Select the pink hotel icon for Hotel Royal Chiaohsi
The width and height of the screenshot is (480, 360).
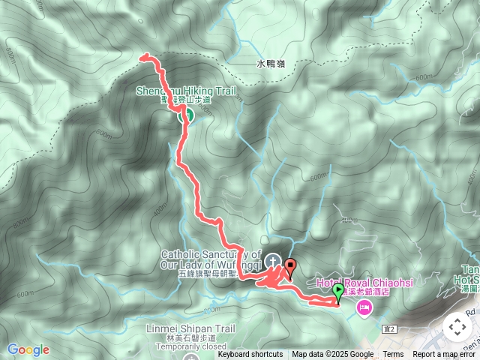pos(364,307)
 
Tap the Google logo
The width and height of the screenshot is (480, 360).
pos(28,349)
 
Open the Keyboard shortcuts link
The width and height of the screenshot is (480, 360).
pos(250,355)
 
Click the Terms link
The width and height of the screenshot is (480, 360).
pos(393,355)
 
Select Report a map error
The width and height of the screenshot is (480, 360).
pos(445,355)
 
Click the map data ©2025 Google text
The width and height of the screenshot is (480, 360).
pos(333,355)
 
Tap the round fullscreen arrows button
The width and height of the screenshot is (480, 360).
pos(457,326)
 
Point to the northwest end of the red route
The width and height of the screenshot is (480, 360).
pos(143,55)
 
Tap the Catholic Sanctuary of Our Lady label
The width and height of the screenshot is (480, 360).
pos(211,259)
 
